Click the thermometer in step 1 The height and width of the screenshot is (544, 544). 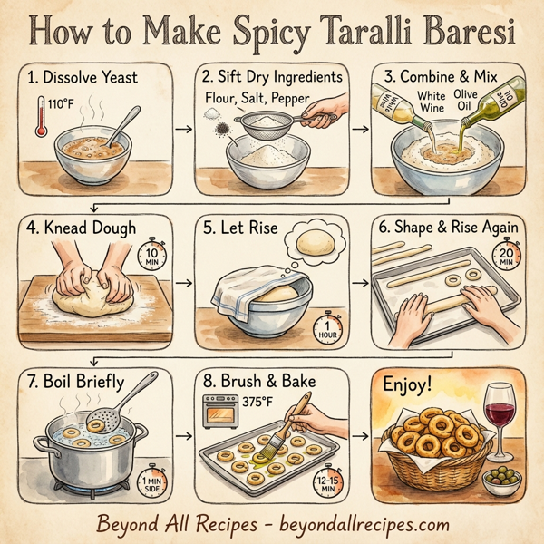click(x=41, y=118)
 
